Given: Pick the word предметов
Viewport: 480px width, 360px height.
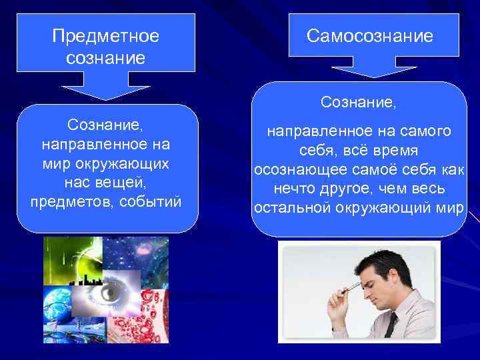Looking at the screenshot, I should pyautogui.click(x=69, y=201).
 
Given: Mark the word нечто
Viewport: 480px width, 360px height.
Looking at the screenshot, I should pyautogui.click(x=295, y=189).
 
